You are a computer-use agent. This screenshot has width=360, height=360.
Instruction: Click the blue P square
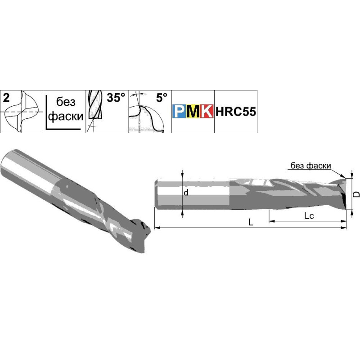pos(179,111)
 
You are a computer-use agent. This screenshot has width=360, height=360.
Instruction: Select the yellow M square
pos(193,111)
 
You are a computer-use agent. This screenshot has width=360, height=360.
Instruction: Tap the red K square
pos(207,111)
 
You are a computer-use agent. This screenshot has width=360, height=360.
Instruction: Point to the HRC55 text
pos(235,112)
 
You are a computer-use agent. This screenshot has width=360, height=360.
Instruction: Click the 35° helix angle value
pos(116,98)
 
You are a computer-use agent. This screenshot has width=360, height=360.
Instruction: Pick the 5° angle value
pos(162,98)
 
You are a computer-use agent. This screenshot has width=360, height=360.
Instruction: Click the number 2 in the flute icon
pos(6,98)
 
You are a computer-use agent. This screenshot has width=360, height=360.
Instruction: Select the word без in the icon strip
pos(66,102)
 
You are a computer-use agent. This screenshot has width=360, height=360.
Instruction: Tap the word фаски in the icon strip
pos(66,116)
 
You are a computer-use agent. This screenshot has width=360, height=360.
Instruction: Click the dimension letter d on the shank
pos(186,193)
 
